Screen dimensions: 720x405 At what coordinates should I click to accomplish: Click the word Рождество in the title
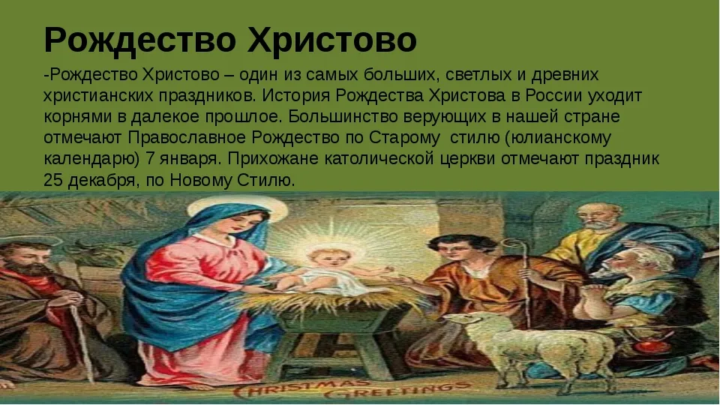pyautogui.click(x=140, y=40)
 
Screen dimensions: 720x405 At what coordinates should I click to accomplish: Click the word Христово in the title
pyautogui.click(x=332, y=39)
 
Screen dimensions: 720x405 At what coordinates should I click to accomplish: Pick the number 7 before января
pyautogui.click(x=150, y=158)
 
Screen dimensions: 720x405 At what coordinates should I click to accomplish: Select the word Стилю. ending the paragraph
pyautogui.click(x=265, y=179)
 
